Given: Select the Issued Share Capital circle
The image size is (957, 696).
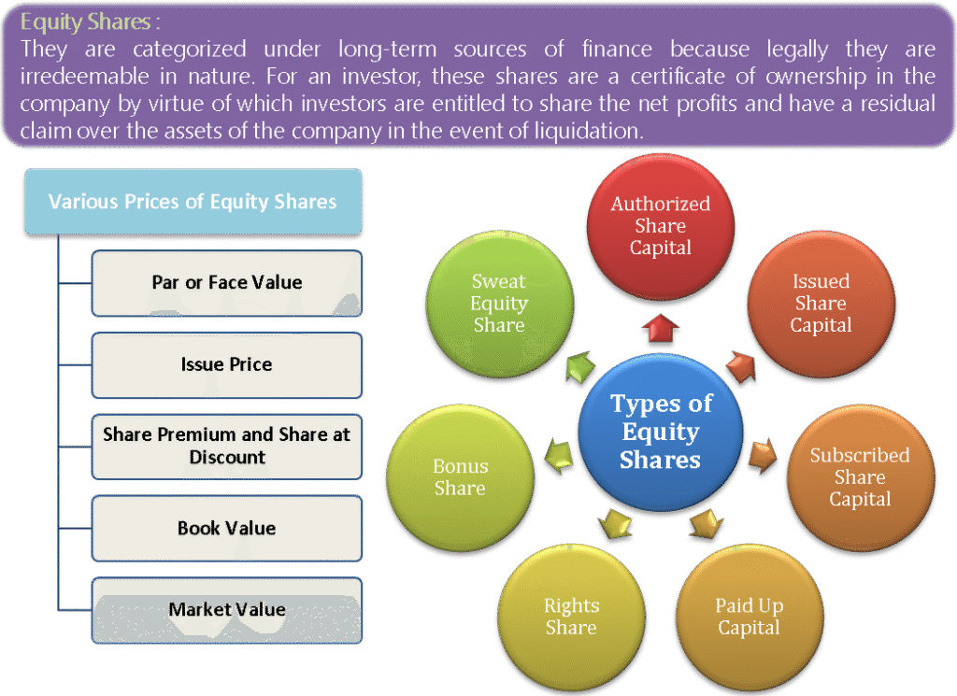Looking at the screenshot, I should (821, 304).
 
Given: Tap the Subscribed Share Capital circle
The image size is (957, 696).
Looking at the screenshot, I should (860, 477).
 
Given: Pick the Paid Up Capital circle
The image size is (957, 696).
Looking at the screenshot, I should (749, 617).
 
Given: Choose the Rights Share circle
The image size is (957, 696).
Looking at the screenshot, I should (571, 617).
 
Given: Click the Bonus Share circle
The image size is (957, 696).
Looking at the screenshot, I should (460, 477).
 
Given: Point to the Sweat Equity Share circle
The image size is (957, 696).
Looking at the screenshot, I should (499, 304).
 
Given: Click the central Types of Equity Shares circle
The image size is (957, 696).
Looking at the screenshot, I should (661, 432).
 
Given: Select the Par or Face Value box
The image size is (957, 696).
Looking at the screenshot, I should (227, 282).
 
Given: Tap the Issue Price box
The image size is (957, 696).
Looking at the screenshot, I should (227, 364).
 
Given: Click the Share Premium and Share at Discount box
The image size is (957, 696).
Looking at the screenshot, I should (227, 446).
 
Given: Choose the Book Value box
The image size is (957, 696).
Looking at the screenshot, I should (227, 528).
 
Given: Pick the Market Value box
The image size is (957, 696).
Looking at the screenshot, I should (227, 609).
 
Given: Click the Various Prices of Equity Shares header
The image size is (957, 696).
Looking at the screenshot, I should (193, 201).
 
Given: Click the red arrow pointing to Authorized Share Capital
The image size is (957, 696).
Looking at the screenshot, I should (661, 328).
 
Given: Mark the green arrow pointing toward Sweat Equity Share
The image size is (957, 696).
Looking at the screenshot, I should (580, 367).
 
